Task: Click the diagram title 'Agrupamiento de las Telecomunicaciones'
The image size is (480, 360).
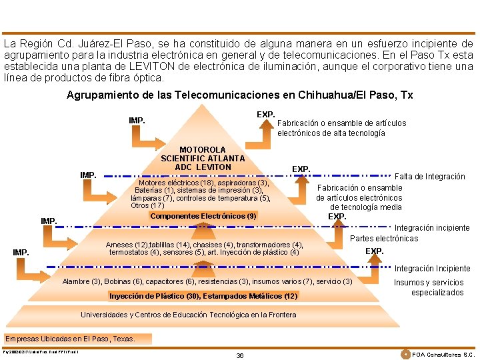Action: (x=239, y=95)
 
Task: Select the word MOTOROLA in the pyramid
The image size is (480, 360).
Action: (x=203, y=149)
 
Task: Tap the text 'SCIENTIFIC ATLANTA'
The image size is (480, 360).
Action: (x=203, y=158)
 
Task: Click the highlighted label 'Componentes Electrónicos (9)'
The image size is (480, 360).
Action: (x=203, y=216)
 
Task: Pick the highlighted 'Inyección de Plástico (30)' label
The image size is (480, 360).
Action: (x=203, y=295)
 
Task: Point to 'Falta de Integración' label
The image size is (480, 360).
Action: (x=430, y=177)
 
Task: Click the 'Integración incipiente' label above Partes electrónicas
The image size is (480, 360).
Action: (x=433, y=227)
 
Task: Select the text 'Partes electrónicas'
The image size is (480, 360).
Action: (x=384, y=238)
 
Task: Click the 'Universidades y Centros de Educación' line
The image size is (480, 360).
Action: (x=179, y=315)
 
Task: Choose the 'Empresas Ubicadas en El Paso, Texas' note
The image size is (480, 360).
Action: (x=70, y=339)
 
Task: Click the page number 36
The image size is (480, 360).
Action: (x=240, y=355)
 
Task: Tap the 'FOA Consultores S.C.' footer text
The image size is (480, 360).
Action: (x=443, y=355)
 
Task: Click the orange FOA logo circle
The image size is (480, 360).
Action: (x=406, y=354)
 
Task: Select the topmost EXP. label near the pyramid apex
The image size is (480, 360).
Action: (x=265, y=115)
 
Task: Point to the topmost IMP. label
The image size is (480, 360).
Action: (x=137, y=121)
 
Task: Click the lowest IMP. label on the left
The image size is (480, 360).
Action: (x=22, y=252)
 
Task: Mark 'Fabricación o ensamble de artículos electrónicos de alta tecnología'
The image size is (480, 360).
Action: (x=341, y=128)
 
